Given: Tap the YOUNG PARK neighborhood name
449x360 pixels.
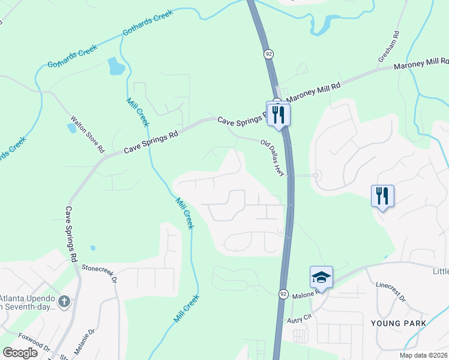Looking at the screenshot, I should (x=399, y=323).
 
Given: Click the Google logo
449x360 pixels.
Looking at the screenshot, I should (x=20, y=352).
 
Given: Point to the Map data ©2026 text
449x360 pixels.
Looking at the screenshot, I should (x=424, y=355).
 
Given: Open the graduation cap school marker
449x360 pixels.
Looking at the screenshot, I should (x=321, y=277).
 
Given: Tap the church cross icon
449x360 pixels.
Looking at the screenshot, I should (x=64, y=301).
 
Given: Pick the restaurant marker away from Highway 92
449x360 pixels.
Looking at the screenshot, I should (x=382, y=196).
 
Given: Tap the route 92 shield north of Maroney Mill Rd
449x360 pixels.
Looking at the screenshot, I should (x=268, y=54).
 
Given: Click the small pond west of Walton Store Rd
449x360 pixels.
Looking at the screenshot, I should (x=72, y=127).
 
